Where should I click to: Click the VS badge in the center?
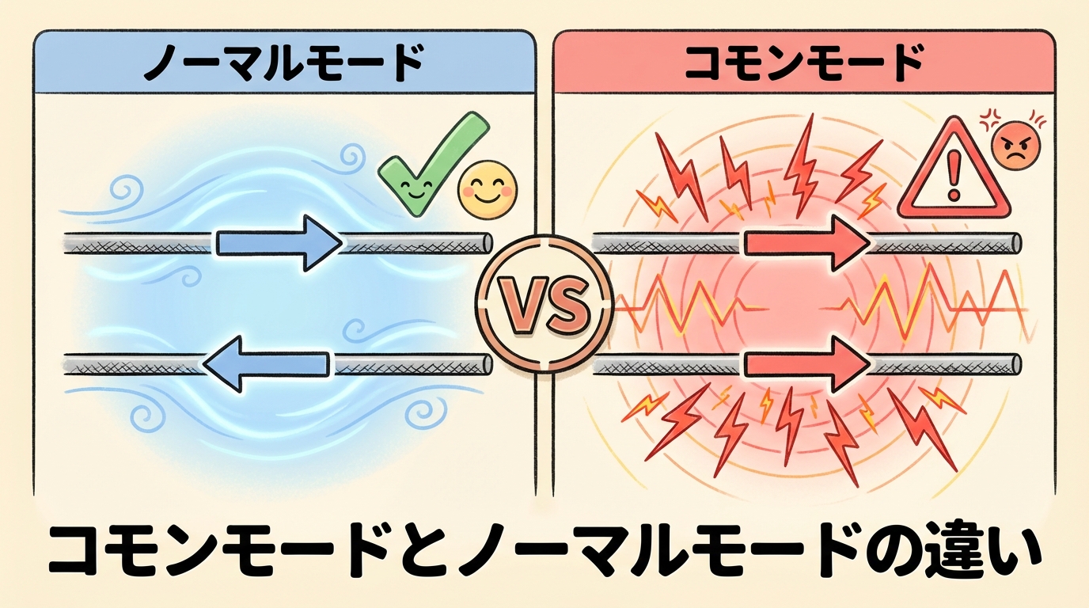(544, 305)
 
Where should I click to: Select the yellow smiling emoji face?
(488, 190)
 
